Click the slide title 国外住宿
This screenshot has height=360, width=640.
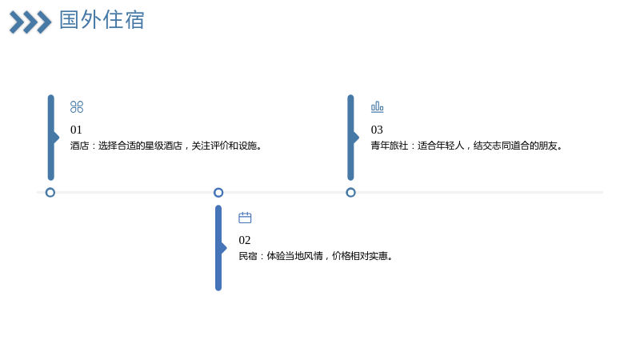(x=102, y=20)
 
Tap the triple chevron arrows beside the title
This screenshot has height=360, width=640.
(x=30, y=22)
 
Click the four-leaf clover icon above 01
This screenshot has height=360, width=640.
(x=77, y=107)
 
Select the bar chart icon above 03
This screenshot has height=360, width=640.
(x=377, y=107)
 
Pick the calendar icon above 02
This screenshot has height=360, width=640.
(x=245, y=218)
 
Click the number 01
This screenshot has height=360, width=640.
(x=76, y=130)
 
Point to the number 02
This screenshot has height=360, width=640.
(x=245, y=240)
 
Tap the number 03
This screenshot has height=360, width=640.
(x=377, y=130)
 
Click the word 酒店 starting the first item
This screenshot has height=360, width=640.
(x=79, y=146)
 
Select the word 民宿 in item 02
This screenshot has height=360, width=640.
(x=248, y=256)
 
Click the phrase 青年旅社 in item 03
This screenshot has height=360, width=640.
(x=390, y=146)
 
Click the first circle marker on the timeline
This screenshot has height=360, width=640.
(x=50, y=192)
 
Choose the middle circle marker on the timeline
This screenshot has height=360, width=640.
(x=218, y=192)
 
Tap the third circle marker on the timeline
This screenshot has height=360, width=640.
(x=350, y=192)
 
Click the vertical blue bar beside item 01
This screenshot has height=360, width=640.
(x=51, y=138)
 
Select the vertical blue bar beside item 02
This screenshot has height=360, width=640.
(x=218, y=248)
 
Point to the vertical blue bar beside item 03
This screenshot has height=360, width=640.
(x=350, y=138)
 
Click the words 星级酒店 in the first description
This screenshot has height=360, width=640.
(x=163, y=146)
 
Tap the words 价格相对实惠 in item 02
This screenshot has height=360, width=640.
(x=359, y=256)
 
